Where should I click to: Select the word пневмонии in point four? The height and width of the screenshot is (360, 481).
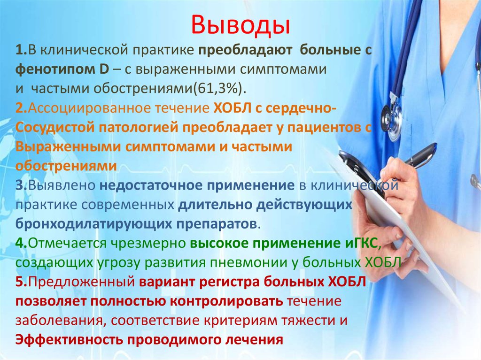256,261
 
